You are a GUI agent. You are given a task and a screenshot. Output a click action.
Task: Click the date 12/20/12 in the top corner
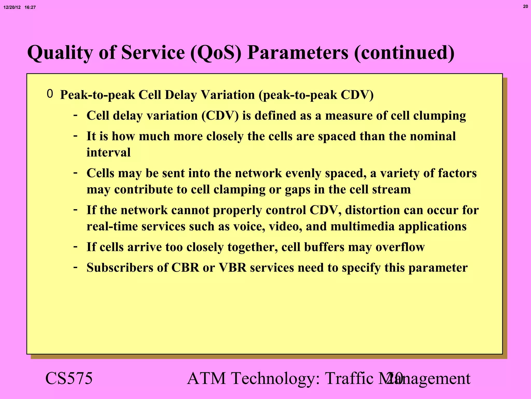coord(12,8)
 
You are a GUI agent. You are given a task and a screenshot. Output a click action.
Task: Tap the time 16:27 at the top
coord(30,8)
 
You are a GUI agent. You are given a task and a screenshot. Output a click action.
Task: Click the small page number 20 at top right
coord(525,6)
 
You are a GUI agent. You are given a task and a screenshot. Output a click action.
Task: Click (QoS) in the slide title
coord(216,53)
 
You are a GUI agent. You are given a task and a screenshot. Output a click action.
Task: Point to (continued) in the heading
coord(404,53)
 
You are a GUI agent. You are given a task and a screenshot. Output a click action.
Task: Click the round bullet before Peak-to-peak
coord(50,94)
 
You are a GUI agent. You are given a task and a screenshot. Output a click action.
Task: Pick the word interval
coord(108,152)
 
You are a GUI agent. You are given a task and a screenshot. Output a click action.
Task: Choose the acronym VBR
coord(233,268)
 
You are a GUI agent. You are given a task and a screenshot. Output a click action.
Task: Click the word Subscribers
coord(120,268)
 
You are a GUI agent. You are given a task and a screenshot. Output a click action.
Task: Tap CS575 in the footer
coord(69,378)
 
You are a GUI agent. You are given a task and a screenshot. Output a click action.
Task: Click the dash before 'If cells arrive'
coord(75,246)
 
